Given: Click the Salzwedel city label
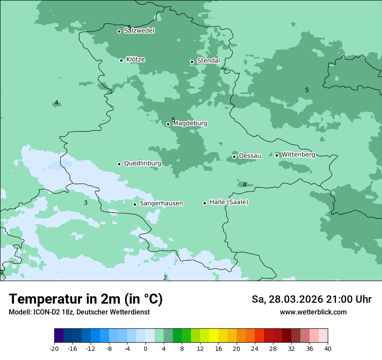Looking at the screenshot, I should click(x=139, y=31).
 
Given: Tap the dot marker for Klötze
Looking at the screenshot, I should click(x=122, y=60).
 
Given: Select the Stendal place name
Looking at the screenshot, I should click(x=208, y=61).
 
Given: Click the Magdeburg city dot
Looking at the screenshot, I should click(x=168, y=124).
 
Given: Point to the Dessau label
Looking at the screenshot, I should click(x=250, y=156).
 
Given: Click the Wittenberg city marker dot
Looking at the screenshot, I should click(x=277, y=155).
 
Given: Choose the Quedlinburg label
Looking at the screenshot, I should click(x=142, y=164).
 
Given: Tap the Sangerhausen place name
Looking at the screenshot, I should click(x=161, y=203).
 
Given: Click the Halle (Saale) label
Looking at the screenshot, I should click(x=229, y=202).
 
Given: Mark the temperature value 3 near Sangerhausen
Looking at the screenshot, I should click(x=86, y=203).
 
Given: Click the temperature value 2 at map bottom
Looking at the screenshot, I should click(x=165, y=278).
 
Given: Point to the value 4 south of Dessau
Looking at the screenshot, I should click(x=244, y=185).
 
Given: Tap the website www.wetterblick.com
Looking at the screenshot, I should click(x=313, y=312).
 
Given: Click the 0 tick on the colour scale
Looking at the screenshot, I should click(x=145, y=349).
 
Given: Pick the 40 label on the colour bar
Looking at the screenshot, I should click(x=328, y=349).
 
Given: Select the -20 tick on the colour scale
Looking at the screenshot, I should click(x=54, y=349).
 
